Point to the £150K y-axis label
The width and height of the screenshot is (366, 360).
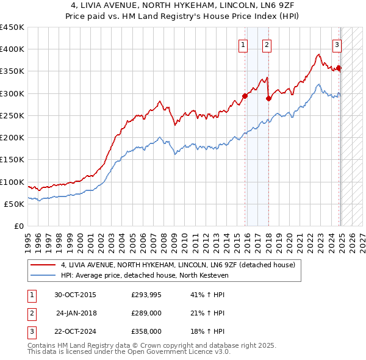click(x=12, y=160)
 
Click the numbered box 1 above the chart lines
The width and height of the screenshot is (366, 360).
click(x=243, y=44)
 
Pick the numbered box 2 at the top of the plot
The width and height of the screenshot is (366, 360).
click(x=267, y=44)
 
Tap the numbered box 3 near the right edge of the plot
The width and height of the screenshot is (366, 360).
click(x=336, y=44)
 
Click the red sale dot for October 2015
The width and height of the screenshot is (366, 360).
click(x=245, y=96)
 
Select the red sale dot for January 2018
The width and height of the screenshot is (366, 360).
click(x=268, y=98)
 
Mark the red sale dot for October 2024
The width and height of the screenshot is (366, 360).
click(x=339, y=68)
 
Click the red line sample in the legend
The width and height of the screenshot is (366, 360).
click(x=43, y=265)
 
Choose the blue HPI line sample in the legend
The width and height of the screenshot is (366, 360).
click(x=43, y=275)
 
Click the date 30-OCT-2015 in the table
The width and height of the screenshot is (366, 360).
click(x=76, y=295)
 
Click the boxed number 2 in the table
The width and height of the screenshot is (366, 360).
click(x=30, y=313)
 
